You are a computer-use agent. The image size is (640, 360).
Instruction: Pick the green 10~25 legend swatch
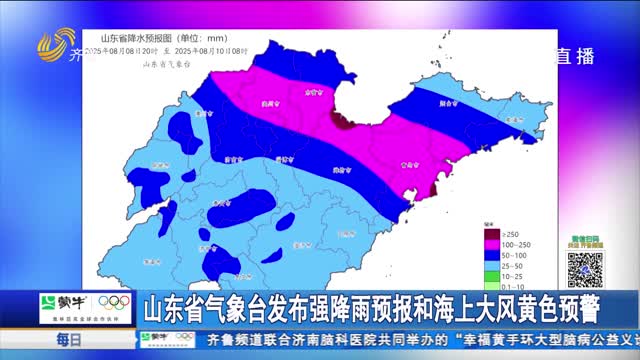click(x=490, y=276)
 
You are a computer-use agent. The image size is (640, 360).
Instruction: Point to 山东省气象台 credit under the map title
click(x=166, y=63)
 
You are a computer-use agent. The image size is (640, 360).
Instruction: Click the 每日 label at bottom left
click(x=68, y=341)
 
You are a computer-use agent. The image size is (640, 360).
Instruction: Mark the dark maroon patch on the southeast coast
click(x=433, y=187)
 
